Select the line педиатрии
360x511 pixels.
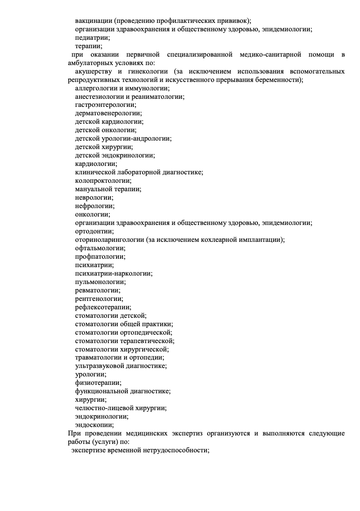click(x=92, y=38)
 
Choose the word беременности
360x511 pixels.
click(x=279, y=80)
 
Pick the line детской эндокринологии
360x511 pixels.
click(x=115, y=155)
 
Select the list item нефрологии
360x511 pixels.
click(x=94, y=206)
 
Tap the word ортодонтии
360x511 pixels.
click(x=94, y=231)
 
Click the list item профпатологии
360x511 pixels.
click(x=100, y=257)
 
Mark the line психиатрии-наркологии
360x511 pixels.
click(x=114, y=274)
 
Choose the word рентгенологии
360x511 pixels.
click(x=99, y=299)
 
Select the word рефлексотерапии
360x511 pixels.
click(x=103, y=307)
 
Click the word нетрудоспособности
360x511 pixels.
click(x=176, y=450)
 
